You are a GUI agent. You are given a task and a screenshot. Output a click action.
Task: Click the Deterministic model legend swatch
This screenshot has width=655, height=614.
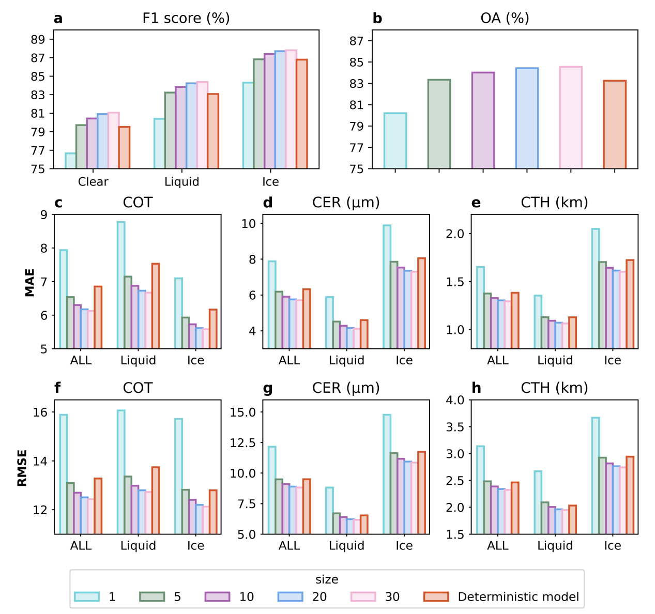(x=436, y=597)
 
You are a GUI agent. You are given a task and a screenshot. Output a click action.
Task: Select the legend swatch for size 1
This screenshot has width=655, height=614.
(x=86, y=597)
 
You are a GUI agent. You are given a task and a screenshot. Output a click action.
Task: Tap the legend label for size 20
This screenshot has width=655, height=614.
(x=319, y=597)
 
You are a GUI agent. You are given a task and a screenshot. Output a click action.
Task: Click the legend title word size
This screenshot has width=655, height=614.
(x=327, y=579)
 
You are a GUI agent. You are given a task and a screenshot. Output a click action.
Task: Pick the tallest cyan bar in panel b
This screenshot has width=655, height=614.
(x=395, y=141)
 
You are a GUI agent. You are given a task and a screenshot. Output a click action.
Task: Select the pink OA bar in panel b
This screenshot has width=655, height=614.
(x=571, y=118)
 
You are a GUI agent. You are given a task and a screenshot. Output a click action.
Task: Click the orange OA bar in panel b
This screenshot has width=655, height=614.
(x=615, y=125)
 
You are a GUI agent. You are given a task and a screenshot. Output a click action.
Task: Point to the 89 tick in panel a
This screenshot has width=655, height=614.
(x=38, y=39)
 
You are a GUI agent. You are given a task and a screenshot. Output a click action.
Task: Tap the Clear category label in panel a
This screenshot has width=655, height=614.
(x=93, y=182)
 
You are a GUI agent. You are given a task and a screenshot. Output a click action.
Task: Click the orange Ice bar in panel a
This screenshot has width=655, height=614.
(x=301, y=114)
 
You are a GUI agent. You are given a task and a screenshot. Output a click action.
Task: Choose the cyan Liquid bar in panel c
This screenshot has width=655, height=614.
(x=121, y=285)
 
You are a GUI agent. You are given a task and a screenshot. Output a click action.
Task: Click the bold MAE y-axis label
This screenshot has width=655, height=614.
(x=29, y=282)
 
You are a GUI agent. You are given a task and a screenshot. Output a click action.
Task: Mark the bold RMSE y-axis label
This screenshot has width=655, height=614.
(x=22, y=468)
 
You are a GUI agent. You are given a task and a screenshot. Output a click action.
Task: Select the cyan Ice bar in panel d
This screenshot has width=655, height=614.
(x=387, y=287)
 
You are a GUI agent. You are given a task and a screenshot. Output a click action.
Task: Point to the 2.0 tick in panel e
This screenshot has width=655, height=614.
(x=455, y=234)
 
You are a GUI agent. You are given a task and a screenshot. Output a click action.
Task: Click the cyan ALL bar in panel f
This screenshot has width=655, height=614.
(x=64, y=474)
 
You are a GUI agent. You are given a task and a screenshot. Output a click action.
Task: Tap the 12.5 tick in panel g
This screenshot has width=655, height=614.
(x=242, y=442)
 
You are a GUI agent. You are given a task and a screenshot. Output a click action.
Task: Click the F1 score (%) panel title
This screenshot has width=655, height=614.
(x=186, y=19)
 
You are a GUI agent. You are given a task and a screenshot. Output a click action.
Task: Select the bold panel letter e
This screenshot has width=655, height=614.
(x=476, y=203)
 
